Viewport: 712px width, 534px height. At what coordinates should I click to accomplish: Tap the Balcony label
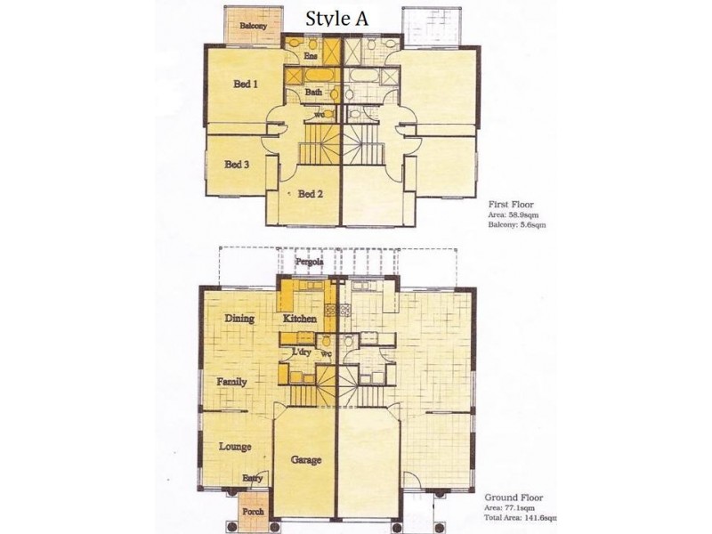(x=253, y=27)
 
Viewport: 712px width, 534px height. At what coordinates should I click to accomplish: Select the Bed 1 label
(x=246, y=85)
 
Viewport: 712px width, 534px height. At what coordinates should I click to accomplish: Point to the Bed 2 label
(x=310, y=194)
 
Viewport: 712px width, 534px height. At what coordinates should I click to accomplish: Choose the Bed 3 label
(x=236, y=165)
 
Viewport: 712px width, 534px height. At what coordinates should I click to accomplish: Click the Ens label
(x=311, y=56)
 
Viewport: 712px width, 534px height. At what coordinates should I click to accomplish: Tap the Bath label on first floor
(x=313, y=92)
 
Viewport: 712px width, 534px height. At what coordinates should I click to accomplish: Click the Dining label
(x=239, y=319)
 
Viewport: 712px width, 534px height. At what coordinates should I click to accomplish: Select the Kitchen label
(x=300, y=319)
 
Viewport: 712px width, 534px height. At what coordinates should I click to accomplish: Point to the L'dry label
(x=301, y=352)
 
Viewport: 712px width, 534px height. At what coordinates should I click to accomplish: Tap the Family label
(x=231, y=382)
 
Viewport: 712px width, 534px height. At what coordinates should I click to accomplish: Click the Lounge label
(x=234, y=447)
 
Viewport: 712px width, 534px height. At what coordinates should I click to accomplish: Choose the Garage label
(x=305, y=460)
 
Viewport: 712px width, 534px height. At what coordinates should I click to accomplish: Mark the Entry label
(x=251, y=478)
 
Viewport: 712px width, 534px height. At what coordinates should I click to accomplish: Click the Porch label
(x=253, y=514)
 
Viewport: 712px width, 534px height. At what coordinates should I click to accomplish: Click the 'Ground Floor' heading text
(x=508, y=498)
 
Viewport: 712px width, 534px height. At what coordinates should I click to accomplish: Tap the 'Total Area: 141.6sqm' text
(x=521, y=517)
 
